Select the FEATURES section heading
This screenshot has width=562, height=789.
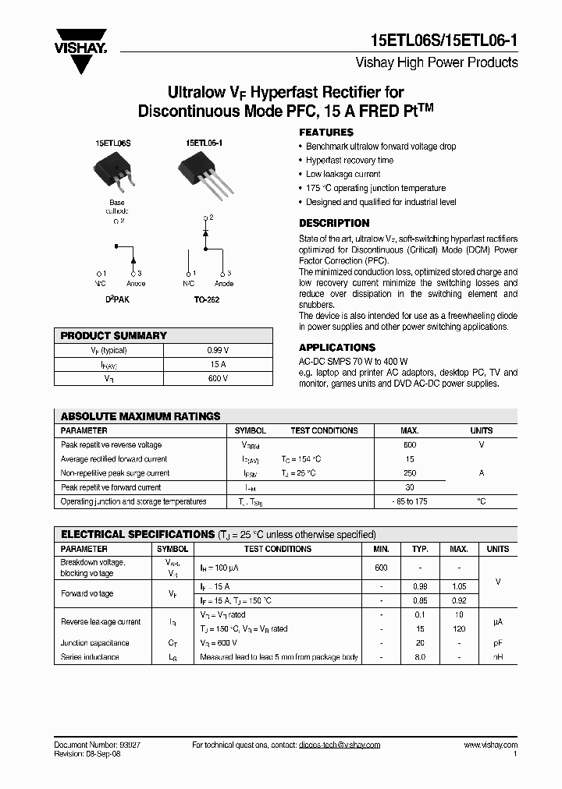326,133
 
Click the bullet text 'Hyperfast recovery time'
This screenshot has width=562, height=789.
349,161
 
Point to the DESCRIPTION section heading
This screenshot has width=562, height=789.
334,223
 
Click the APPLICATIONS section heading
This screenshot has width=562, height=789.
337,347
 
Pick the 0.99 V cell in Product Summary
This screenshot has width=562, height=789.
218,351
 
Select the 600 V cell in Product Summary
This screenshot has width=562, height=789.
218,378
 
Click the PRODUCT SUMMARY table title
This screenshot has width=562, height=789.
114,336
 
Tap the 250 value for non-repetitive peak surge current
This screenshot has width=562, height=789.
410,473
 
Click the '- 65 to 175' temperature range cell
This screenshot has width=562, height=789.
410,501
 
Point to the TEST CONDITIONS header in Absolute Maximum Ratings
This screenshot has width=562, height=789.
324,430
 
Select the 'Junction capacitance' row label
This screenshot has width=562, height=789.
95,643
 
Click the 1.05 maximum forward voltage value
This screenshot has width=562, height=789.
459,586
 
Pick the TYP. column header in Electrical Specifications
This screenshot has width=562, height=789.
421,549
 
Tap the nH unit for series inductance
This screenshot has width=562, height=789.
497,657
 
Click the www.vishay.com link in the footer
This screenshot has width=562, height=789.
490,745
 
